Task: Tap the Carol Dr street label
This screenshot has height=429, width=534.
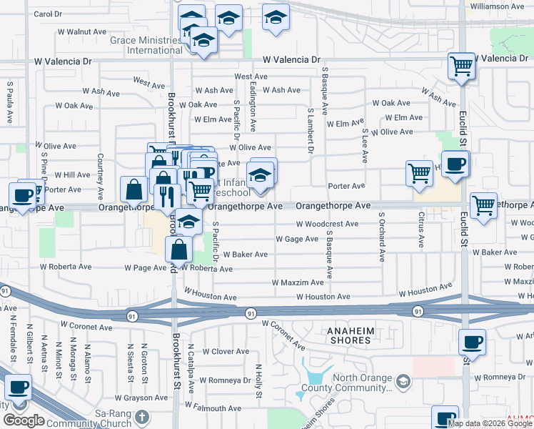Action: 48,14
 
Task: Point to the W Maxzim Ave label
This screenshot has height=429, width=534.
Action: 298,282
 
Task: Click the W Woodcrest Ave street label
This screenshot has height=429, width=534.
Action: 327,224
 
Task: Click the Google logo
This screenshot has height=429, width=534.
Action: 24,420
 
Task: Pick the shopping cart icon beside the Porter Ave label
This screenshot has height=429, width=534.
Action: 419,173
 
